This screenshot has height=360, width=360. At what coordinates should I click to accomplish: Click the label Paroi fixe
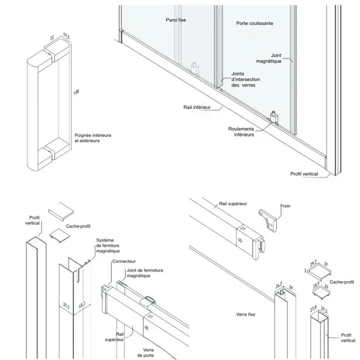(x=175, y=20)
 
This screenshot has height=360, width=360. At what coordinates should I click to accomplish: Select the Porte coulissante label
(x=255, y=23)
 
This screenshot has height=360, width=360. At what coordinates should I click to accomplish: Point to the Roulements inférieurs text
(x=241, y=131)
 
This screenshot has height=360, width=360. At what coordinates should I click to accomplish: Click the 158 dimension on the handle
(x=76, y=92)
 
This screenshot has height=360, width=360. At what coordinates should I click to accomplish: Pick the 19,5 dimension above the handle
(x=66, y=36)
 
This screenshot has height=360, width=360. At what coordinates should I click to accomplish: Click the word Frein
(x=285, y=206)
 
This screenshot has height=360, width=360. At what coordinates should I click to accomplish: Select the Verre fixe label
(x=245, y=314)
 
